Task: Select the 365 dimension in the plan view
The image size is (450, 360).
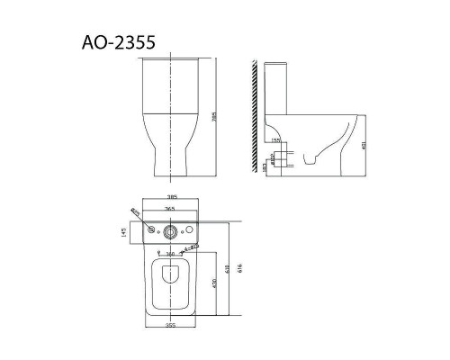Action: (x=171, y=208)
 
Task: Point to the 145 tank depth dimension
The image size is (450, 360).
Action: (x=122, y=231)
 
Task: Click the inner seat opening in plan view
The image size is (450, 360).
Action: (x=170, y=282)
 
